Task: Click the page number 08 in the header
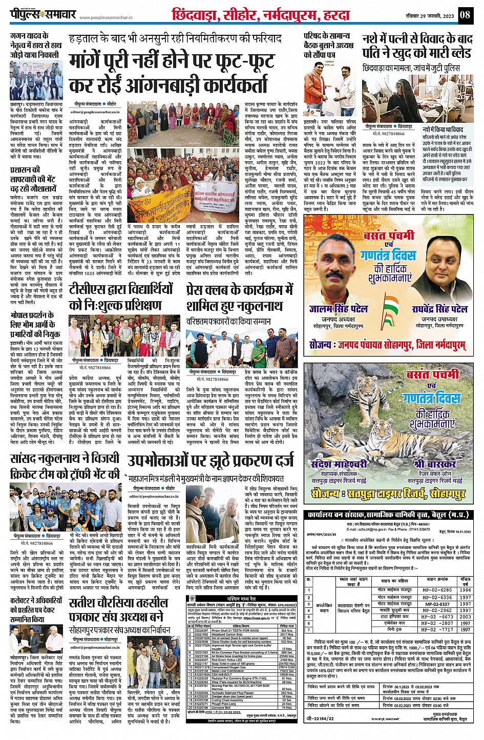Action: tap(465, 14)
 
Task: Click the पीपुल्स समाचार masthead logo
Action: tap(43, 14)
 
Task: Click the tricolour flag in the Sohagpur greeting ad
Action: tap(391, 305)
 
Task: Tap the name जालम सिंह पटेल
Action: tap(339, 309)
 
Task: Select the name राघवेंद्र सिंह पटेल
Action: tap(439, 309)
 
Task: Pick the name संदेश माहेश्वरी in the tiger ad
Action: tap(339, 464)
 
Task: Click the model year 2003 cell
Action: tap(465, 617)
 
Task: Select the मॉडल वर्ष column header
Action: tap(465, 581)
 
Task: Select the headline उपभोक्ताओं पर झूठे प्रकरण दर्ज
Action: tap(211, 460)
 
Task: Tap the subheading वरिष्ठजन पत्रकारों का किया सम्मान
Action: tap(228, 321)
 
